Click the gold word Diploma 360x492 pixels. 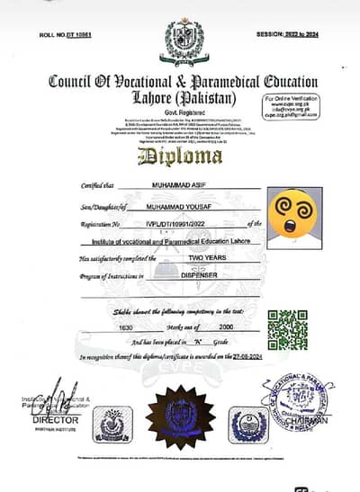coord(180,157)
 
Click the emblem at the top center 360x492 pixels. coord(184,40)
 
